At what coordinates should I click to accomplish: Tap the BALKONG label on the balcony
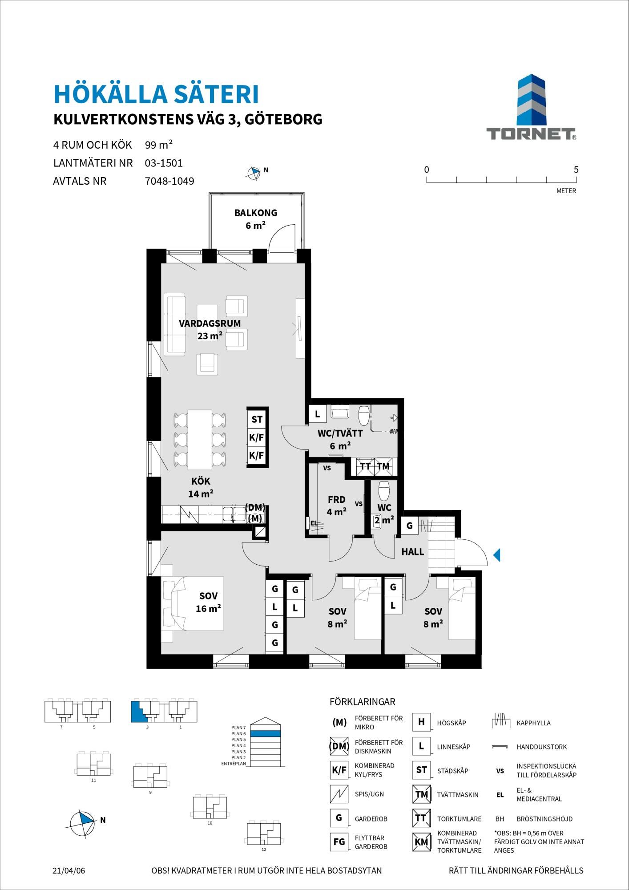(x=256, y=213)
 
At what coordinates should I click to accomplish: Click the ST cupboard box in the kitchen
(x=257, y=419)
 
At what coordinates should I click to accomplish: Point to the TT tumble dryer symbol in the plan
(x=365, y=466)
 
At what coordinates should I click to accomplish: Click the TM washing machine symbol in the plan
(x=383, y=466)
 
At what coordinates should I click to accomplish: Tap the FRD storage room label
(x=336, y=500)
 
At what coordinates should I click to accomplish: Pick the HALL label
(x=413, y=552)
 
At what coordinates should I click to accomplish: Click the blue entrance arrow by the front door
(x=497, y=555)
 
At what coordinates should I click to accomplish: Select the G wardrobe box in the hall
(x=410, y=526)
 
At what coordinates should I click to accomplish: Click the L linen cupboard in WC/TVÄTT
(x=318, y=414)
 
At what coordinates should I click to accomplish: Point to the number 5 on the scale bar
(x=576, y=170)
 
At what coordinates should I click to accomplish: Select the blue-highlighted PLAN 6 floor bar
(x=266, y=734)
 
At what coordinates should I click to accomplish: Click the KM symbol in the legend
(x=421, y=842)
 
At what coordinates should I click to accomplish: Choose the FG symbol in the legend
(x=339, y=842)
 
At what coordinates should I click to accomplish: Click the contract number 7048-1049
(x=169, y=181)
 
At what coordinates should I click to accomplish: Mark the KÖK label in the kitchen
(x=201, y=481)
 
